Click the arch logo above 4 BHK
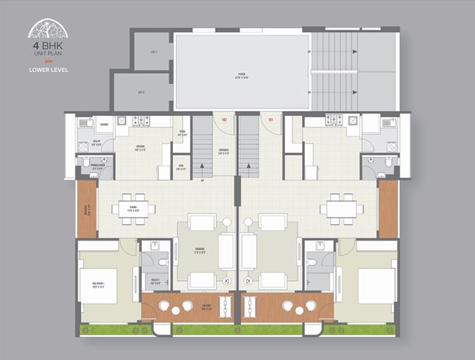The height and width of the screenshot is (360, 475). pos(48,29)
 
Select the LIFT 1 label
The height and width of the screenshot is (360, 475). pos(153,52)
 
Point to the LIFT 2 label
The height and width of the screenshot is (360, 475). pos(141,92)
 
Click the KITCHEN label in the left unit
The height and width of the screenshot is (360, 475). pos(140,147)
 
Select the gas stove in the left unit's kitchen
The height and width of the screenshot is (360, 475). pos(141,121)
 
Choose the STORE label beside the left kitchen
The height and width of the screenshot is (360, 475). pos(182,133)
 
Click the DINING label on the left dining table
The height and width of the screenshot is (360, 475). pos(133,208)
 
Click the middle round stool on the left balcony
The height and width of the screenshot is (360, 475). pos(176,310)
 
